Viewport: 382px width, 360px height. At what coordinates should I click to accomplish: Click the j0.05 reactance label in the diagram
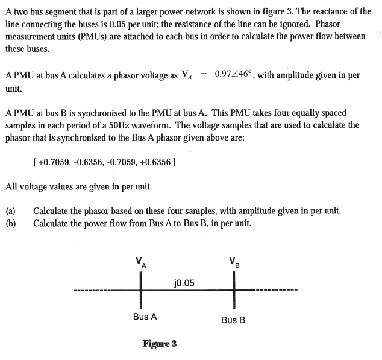pos(184,282)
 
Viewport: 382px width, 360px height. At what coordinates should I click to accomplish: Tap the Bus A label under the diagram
pos(145,316)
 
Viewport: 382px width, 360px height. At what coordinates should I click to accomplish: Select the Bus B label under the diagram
pos(233,320)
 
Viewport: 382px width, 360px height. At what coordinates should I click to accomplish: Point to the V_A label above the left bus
pos(140,262)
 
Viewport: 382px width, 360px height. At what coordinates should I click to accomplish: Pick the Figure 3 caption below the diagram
pos(160,344)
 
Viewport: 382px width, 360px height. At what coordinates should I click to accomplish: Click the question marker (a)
pos(10,211)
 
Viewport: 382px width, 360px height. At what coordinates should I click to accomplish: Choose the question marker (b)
pos(10,223)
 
